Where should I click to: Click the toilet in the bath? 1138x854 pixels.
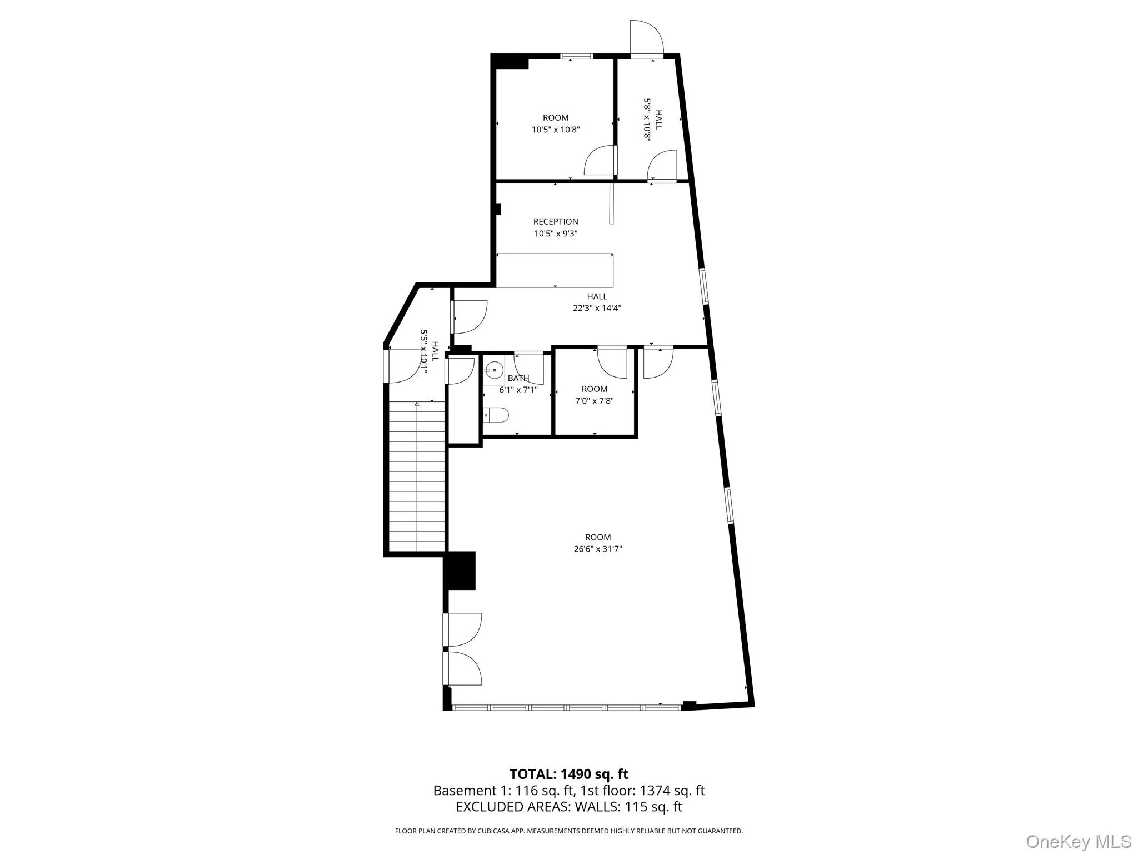click(496, 415)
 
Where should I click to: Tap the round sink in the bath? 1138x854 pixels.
click(493, 370)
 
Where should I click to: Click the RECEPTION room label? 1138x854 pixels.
click(556, 221)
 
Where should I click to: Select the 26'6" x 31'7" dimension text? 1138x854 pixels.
click(597, 549)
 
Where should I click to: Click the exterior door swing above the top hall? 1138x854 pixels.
click(646, 37)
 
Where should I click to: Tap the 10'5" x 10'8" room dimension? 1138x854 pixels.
click(556, 130)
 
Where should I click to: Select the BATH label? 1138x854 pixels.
click(518, 378)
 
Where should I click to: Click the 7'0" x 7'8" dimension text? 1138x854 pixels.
click(595, 401)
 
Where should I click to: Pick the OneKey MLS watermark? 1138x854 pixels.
click(1078, 841)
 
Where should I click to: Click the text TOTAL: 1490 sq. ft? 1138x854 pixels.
click(569, 774)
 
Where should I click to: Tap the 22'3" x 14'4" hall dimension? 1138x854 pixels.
click(597, 308)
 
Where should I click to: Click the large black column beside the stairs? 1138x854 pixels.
click(460, 570)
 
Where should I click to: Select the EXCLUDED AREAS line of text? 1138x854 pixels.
click(569, 807)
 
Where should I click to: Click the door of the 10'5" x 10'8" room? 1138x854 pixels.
click(601, 161)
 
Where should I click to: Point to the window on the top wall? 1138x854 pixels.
click(576, 56)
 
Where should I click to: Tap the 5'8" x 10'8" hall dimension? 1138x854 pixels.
click(647, 120)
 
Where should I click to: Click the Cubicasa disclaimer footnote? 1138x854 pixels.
click(568, 831)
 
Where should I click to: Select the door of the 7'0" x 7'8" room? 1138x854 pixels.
click(612, 363)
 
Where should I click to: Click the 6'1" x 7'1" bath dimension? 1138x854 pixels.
click(518, 390)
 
